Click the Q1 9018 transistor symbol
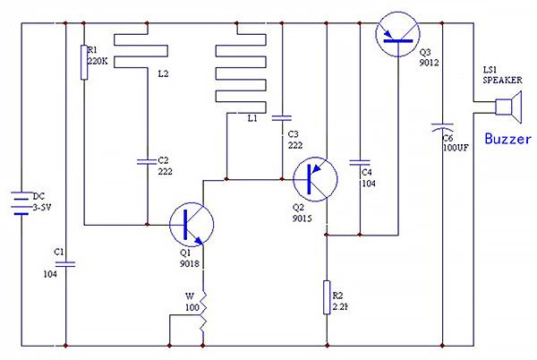click(x=192, y=225)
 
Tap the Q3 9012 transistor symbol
click(x=397, y=34)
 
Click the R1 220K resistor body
click(x=84, y=63)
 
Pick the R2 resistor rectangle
click(x=327, y=297)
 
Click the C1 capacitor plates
click(x=65, y=264)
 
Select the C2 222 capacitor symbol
click(x=147, y=162)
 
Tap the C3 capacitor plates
click(x=282, y=118)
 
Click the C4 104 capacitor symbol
click(x=360, y=162)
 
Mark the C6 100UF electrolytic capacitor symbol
click(x=442, y=127)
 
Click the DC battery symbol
click(x=21, y=203)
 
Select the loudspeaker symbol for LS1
click(x=508, y=107)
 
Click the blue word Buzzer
click(x=507, y=139)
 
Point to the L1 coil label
click(x=252, y=118)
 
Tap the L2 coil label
click(x=164, y=73)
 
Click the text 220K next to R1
click(x=98, y=61)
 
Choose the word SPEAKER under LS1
click(x=502, y=81)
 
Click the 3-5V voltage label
click(x=42, y=207)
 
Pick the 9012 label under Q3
click(x=429, y=63)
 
